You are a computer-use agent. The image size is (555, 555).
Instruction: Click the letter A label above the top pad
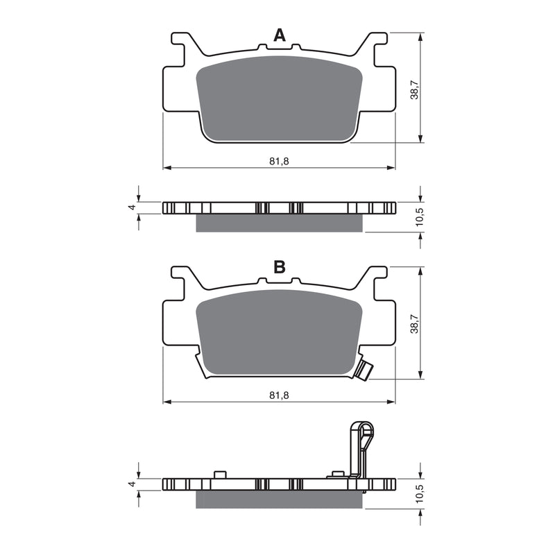coord(279,35)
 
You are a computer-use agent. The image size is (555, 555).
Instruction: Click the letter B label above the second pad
coord(279,267)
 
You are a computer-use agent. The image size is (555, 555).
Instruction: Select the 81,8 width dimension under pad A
coord(279,161)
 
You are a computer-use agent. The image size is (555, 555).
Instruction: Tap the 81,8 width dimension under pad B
coord(279,395)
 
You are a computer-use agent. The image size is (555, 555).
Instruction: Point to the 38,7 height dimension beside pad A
coord(414,88)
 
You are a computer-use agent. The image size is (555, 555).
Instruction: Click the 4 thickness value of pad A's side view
coord(131,207)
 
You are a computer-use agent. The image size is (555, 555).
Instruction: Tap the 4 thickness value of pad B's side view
coord(131,484)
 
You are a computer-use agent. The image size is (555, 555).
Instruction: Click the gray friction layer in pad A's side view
coord(279,223)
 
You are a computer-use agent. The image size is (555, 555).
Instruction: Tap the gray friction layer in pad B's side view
coord(279,499)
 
